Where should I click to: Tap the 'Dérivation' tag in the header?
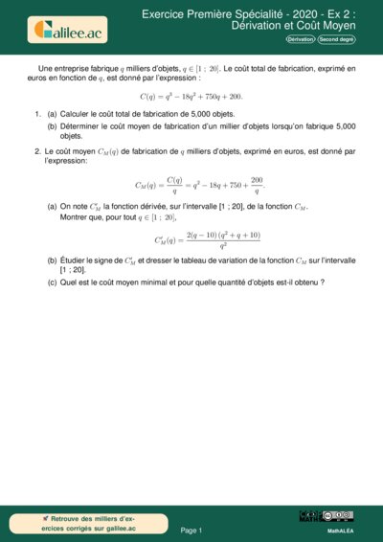[x=300, y=40]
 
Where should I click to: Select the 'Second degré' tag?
[x=336, y=40]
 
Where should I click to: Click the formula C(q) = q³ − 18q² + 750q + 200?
[x=191, y=97]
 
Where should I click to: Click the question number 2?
[x=35, y=150]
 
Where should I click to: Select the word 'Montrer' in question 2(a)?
[x=75, y=217]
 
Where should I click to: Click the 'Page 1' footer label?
[x=191, y=530]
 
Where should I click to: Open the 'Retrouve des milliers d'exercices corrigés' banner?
[x=88, y=523]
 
